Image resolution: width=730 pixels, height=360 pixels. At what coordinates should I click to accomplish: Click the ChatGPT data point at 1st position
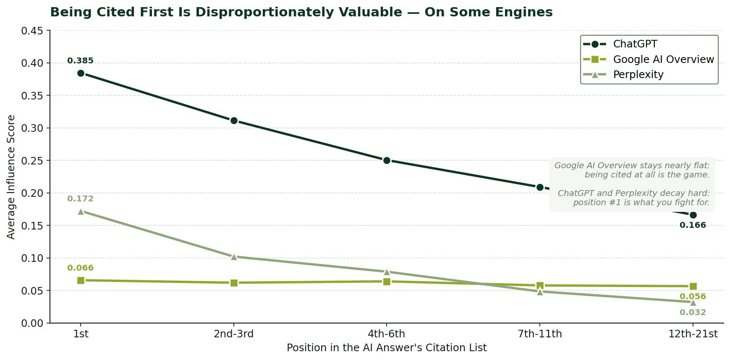coord(81,73)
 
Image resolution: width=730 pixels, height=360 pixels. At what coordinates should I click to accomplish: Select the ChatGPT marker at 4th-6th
coord(387,160)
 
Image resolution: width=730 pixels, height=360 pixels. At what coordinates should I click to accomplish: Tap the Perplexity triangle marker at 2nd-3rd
coord(234,256)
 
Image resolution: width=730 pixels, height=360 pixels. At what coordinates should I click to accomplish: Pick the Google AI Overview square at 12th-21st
coord(693,286)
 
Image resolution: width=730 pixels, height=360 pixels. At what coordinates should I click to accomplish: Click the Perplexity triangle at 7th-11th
coord(540,291)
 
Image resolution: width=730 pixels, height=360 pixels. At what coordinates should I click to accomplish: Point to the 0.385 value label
coord(80,61)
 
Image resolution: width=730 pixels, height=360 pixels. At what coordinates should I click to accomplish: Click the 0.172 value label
coord(80,199)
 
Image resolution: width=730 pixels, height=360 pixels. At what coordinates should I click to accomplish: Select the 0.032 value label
coord(693,313)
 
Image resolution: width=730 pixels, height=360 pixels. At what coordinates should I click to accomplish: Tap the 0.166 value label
coord(693,225)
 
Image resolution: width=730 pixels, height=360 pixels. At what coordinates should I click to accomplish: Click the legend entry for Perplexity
coord(638,75)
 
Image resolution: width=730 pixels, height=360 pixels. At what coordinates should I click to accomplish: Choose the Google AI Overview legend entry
coord(663,59)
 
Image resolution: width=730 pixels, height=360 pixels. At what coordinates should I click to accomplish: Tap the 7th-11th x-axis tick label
coord(540,334)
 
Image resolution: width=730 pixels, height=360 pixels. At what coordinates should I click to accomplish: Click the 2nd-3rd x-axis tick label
coord(234,334)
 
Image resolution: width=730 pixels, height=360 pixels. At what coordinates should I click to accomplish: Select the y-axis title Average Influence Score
coord(11,177)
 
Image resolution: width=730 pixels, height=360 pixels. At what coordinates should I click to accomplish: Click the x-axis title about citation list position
coord(387,348)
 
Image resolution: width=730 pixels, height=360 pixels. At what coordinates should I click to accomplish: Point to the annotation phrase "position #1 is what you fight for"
coord(641,203)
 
